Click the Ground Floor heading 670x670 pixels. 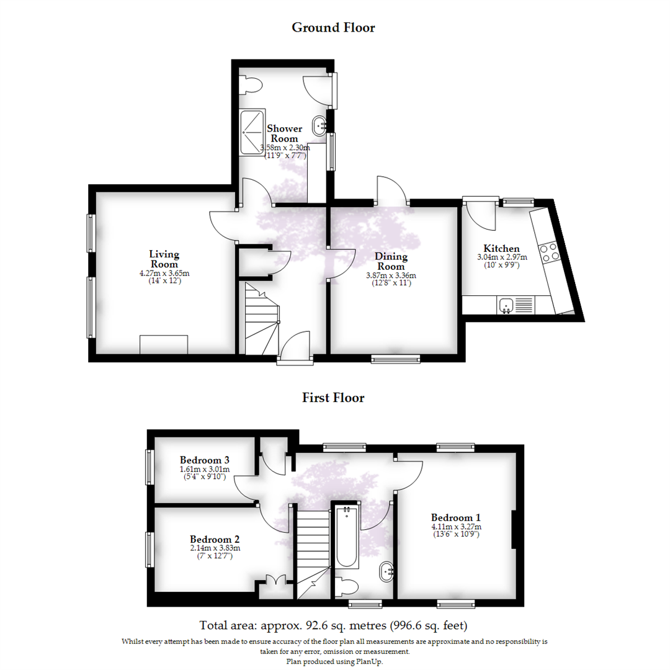point(333,27)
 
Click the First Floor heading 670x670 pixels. point(333,398)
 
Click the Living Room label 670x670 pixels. point(164,259)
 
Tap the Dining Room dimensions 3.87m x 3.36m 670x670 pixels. point(390,276)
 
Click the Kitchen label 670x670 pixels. point(501,248)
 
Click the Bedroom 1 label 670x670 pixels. point(456,517)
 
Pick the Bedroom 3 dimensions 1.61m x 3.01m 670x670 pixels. point(205,470)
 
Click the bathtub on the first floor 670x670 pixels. point(347,537)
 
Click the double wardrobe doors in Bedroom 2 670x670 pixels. point(274,581)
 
